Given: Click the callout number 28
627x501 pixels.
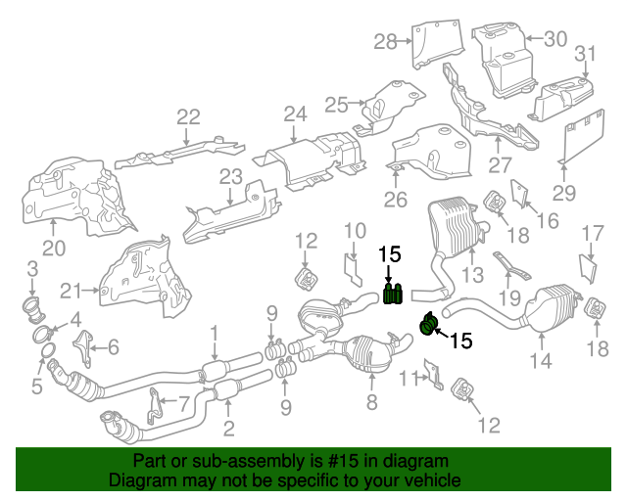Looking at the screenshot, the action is [x=385, y=41].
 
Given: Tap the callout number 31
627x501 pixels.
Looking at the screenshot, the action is [x=585, y=54].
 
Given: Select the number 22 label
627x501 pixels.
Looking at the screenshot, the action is [x=188, y=117].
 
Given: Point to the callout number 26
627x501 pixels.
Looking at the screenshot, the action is [x=396, y=200].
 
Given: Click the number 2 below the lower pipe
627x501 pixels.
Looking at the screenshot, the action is [x=228, y=429].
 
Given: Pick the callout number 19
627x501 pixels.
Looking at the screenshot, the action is [x=509, y=298].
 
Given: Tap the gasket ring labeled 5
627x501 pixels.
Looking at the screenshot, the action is [x=48, y=351].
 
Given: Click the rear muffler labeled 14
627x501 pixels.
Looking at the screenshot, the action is [x=553, y=307].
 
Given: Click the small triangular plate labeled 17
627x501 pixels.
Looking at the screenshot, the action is [x=588, y=269].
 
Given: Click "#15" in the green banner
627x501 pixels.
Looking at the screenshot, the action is [x=343, y=462].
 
